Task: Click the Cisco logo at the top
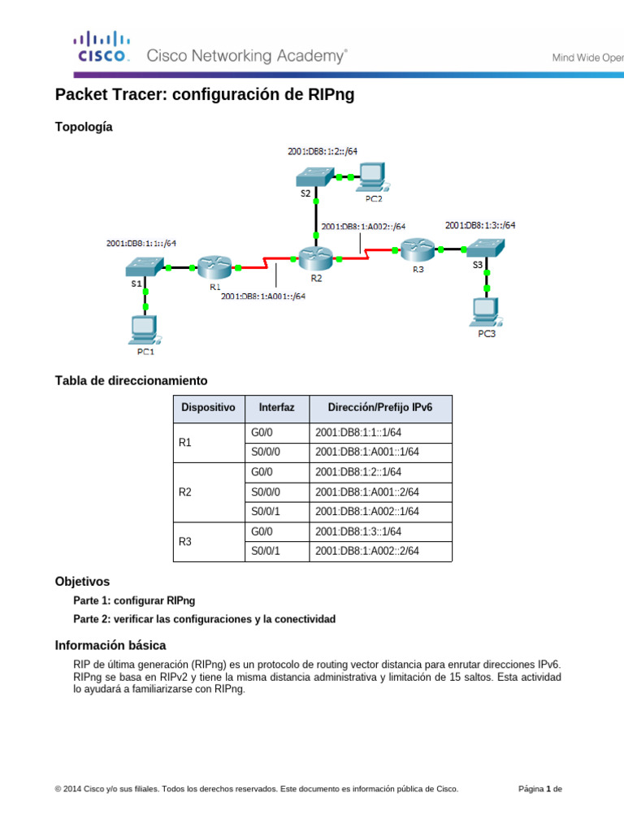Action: pyautogui.click(x=102, y=47)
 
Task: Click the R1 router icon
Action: pyautogui.click(x=214, y=266)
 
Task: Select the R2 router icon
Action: pyautogui.click(x=316, y=259)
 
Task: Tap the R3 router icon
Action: pyautogui.click(x=418, y=249)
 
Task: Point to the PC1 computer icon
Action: pyautogui.click(x=145, y=329)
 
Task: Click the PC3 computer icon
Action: pyautogui.click(x=487, y=312)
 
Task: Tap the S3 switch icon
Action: pyautogui.click(x=487, y=245)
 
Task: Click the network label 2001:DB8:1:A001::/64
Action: pyautogui.click(x=263, y=297)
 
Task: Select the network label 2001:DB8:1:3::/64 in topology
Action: pyautogui.click(x=480, y=225)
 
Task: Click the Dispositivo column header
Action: pyautogui.click(x=208, y=407)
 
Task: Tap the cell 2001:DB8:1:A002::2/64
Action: pyautogui.click(x=367, y=551)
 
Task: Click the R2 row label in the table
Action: pyautogui.click(x=185, y=492)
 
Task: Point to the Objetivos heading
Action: pyautogui.click(x=82, y=582)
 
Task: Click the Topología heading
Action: pyautogui.click(x=84, y=127)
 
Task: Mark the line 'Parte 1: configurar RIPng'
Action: pyautogui.click(x=134, y=601)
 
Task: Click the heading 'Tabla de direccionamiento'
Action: pyautogui.click(x=131, y=380)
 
